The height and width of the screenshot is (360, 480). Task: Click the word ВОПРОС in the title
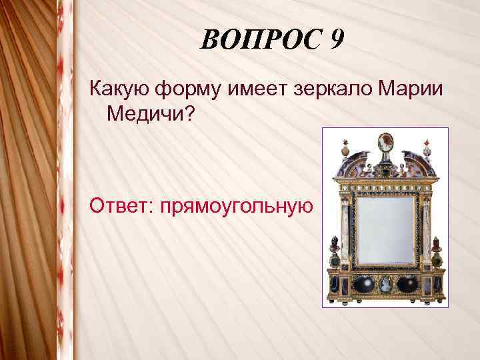pyautogui.click(x=257, y=42)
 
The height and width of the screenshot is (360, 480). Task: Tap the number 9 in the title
pyautogui.click(x=336, y=42)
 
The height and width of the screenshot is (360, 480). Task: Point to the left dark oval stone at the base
pyautogui.click(x=362, y=283)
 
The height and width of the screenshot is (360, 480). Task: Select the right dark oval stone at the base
pyautogui.click(x=407, y=283)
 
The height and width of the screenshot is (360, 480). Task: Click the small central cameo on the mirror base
pyautogui.click(x=385, y=285)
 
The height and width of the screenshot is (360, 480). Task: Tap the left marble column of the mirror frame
pyautogui.click(x=345, y=230)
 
